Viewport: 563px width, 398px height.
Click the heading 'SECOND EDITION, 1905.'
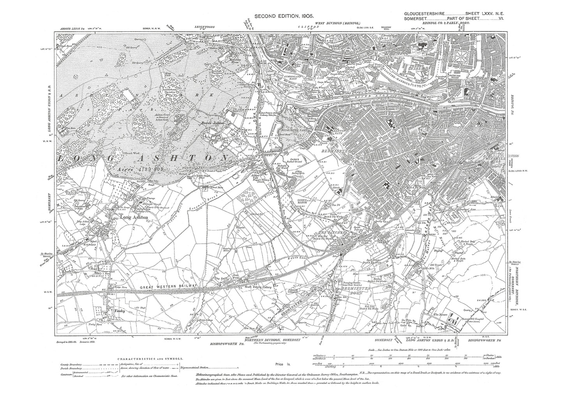(x=282, y=16)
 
